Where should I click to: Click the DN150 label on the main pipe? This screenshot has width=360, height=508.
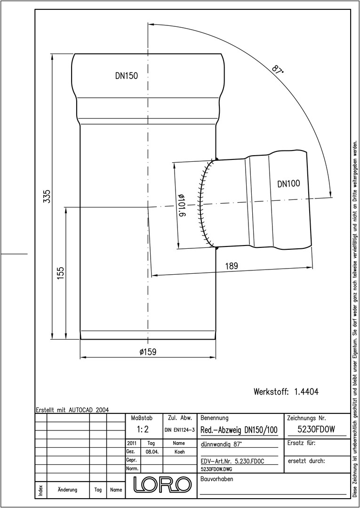[127, 76]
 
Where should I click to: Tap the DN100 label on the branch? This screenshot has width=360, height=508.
[288, 184]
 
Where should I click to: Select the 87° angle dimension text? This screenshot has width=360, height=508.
[277, 70]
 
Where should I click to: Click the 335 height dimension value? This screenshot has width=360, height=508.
[48, 196]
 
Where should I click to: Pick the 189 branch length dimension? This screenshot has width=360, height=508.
[232, 266]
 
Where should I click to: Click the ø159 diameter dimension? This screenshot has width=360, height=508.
[148, 352]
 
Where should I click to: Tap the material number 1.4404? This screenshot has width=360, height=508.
[306, 392]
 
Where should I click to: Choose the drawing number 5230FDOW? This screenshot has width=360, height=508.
[316, 429]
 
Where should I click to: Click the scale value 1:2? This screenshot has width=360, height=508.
[143, 429]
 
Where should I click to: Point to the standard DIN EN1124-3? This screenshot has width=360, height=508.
[179, 430]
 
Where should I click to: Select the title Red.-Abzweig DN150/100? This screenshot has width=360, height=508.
[239, 430]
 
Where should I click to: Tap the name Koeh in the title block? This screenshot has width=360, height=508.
[179, 452]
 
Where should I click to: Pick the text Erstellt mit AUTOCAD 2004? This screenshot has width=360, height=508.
[72, 410]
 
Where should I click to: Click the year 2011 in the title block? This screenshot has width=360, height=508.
[132, 443]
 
